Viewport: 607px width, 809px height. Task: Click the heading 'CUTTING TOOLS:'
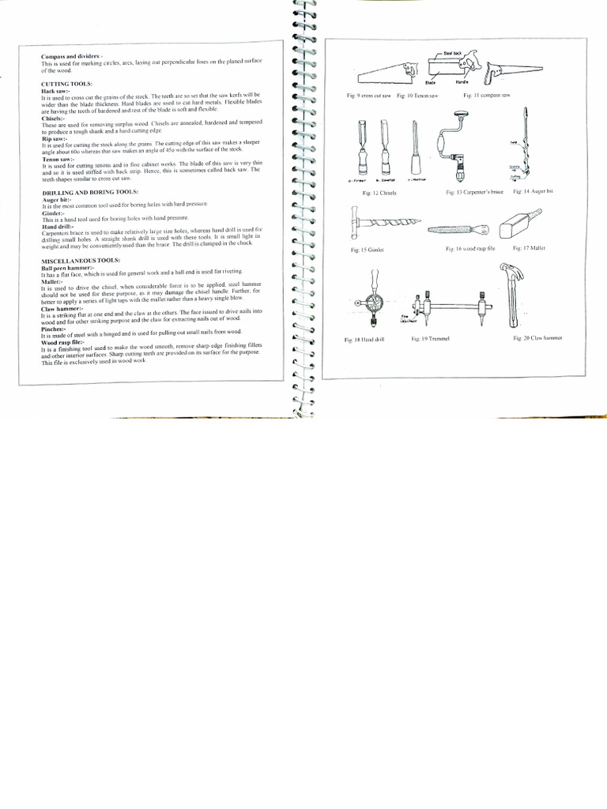coord(67,84)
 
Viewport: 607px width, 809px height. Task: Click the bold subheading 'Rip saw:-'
coord(55,139)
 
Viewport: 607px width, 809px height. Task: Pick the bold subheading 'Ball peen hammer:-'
coord(68,268)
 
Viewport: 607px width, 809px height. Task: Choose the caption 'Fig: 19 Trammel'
coord(430,339)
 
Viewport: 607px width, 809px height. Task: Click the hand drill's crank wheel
coord(371,303)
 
